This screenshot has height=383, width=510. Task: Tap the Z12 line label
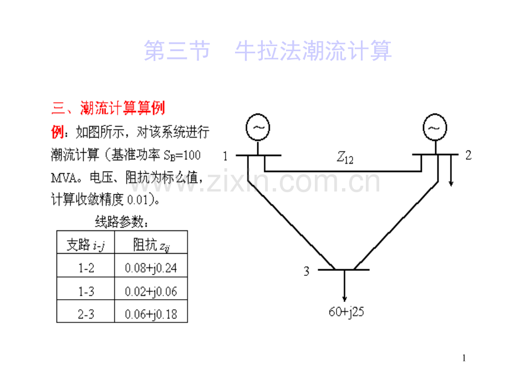pos(345,157)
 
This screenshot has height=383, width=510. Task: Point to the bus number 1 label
pos(225,157)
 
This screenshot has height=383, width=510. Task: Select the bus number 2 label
pos(468,155)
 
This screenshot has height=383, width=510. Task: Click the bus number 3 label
pos(307,271)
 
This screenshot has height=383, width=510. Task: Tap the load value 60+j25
pos(346,312)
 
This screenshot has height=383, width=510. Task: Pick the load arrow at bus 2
pos(451,170)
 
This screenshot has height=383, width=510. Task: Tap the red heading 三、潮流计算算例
pos(108,108)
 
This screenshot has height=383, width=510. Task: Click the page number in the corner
pos(464,358)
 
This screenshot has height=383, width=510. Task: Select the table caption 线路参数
pos(122,222)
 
